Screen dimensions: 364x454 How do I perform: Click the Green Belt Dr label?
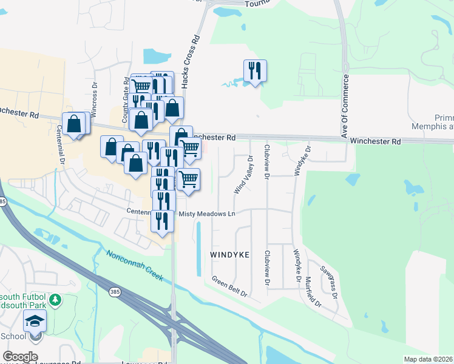(229, 286)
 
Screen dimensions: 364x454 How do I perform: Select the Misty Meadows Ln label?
(206, 214)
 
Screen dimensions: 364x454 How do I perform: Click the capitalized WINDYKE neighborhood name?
(230, 255)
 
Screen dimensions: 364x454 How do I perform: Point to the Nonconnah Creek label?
(135, 265)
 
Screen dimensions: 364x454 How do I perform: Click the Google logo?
(20, 357)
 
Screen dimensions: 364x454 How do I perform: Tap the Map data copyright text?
(429, 359)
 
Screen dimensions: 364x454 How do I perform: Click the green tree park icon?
(55, 300)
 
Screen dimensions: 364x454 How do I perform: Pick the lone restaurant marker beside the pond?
(255, 70)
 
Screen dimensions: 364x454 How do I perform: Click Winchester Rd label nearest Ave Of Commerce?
(376, 141)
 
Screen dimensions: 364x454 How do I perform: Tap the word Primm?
(442, 118)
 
